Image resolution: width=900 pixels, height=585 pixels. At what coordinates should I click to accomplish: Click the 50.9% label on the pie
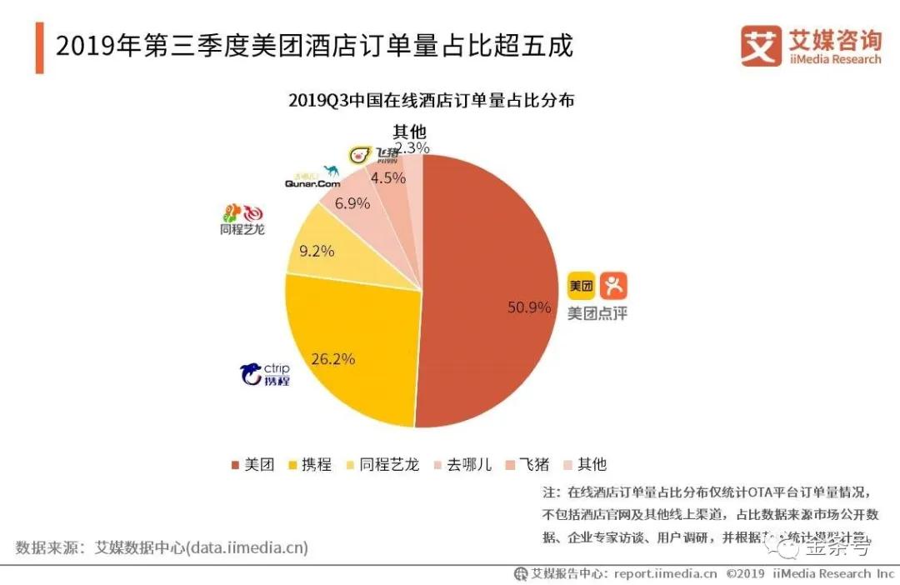pyautogui.click(x=529, y=307)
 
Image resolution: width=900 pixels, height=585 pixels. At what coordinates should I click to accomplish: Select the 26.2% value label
pyautogui.click(x=333, y=359)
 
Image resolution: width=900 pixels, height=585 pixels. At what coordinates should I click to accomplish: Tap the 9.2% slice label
pyautogui.click(x=317, y=250)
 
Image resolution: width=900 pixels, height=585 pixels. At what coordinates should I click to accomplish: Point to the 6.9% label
pyautogui.click(x=352, y=203)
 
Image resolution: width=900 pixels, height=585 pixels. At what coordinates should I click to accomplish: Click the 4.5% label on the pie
pyautogui.click(x=387, y=177)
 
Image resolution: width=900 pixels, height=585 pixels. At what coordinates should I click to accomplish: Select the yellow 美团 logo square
pyautogui.click(x=582, y=286)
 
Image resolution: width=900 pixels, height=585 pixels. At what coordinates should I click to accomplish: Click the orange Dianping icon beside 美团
pyautogui.click(x=612, y=286)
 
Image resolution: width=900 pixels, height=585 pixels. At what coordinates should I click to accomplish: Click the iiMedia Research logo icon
pyautogui.click(x=761, y=46)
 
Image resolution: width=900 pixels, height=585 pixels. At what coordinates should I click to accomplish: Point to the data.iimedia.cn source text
pyautogui.click(x=247, y=547)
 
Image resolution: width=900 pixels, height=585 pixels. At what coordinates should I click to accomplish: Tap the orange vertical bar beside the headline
pyautogui.click(x=39, y=47)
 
